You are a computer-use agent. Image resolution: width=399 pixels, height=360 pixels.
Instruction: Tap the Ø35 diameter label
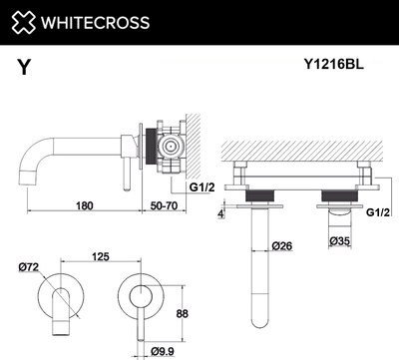click(342, 240)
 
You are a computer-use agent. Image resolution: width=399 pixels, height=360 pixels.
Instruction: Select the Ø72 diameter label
click(30, 265)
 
